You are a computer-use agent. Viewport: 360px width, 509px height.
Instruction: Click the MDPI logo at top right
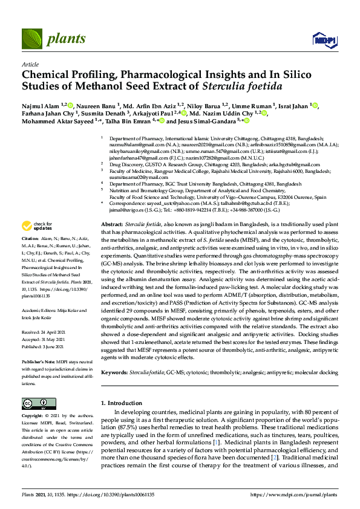pos(325,40)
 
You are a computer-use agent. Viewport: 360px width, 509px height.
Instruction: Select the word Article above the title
pos(30,64)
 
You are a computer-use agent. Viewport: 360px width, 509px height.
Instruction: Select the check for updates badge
pos(37,226)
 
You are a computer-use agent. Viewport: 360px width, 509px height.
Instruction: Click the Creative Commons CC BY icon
pos(34,403)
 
